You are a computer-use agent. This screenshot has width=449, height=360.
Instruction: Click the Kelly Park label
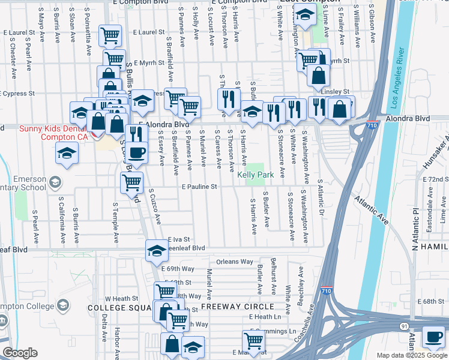(255, 175)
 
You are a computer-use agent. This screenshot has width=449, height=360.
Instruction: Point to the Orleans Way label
(235, 262)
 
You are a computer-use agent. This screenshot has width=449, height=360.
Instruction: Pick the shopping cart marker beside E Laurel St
(110, 36)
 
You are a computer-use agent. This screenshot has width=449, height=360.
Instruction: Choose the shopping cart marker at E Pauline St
(131, 181)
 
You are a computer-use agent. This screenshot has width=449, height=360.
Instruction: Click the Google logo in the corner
(20, 353)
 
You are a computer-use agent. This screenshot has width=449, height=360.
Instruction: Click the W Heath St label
(122, 298)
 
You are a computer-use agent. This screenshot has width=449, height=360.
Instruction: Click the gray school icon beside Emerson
(55, 182)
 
